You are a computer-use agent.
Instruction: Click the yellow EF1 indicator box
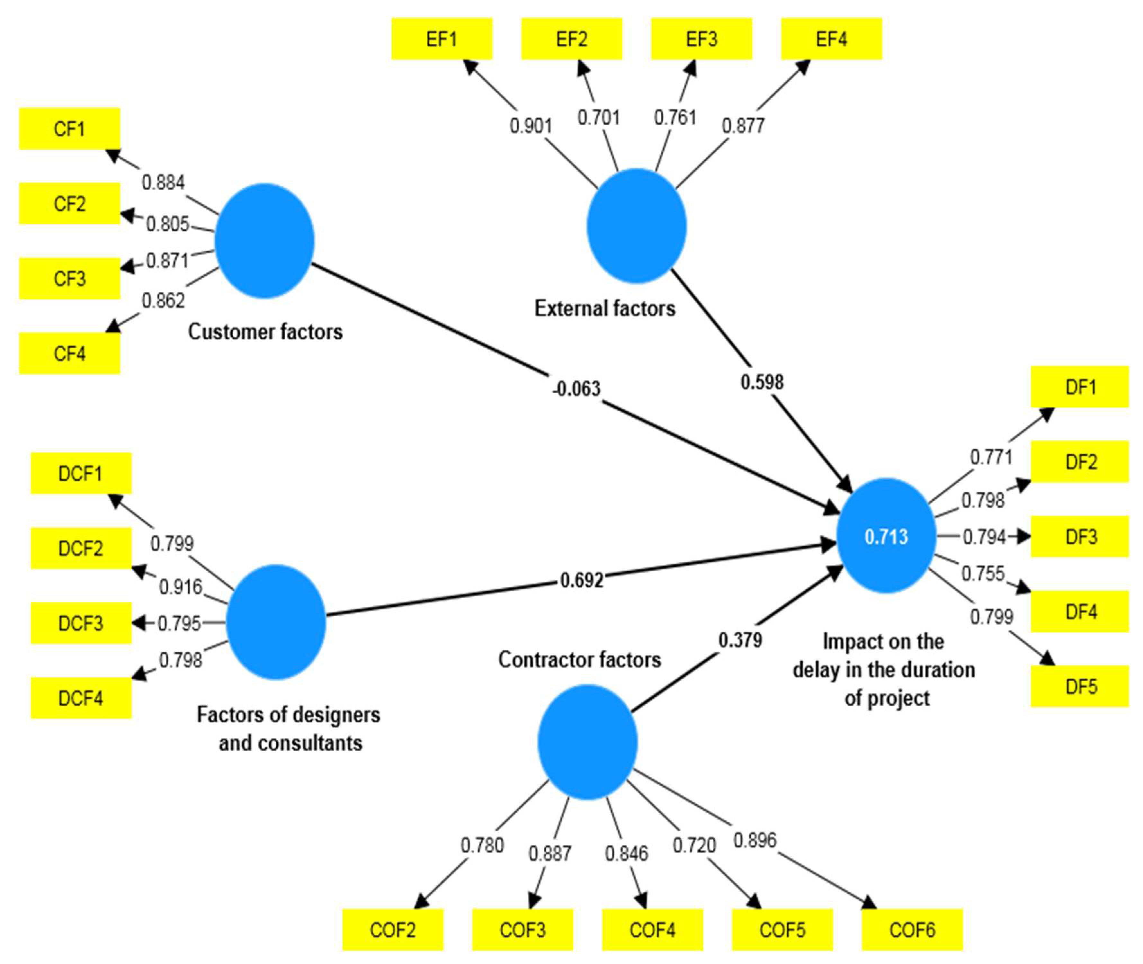442,39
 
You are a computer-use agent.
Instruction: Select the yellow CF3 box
69,278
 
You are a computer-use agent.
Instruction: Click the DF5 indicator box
1080,686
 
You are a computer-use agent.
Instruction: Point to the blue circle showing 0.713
886,536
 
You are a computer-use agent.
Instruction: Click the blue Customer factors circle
264,240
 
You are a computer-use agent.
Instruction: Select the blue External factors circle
637,226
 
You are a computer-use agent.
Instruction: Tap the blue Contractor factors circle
587,742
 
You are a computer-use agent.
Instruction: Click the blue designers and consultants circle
276,622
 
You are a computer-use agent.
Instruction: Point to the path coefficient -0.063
576,388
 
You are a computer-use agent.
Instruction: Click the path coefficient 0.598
762,381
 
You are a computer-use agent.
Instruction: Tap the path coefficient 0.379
740,640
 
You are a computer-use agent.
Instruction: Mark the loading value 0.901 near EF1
531,126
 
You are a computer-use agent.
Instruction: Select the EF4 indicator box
831,39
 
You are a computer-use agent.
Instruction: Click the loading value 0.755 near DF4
982,573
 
